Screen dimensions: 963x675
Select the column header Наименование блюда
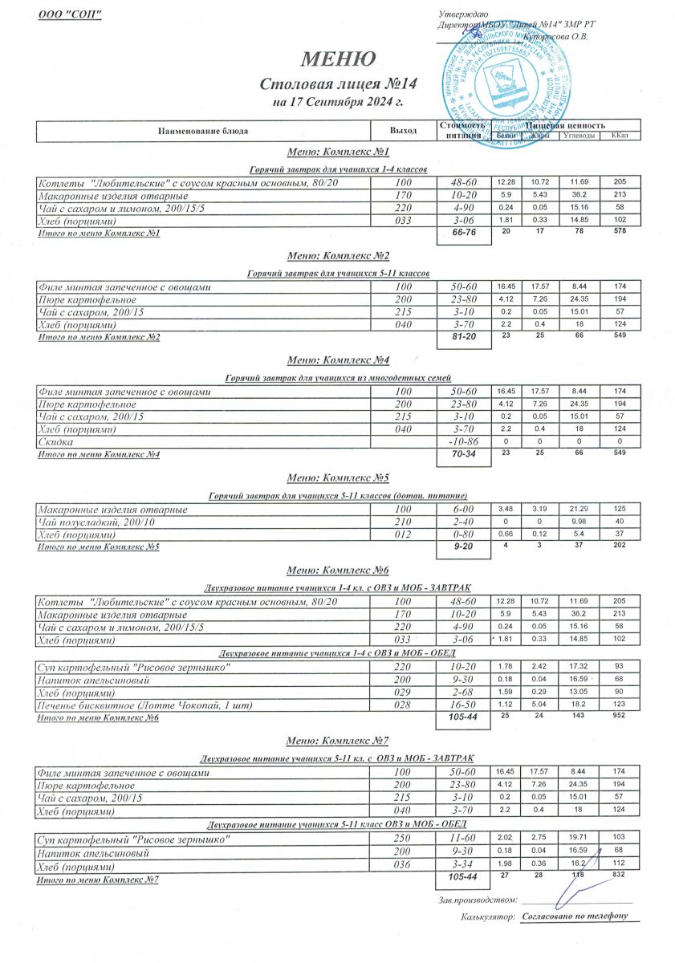click(x=203, y=130)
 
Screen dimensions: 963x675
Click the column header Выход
click(x=403, y=130)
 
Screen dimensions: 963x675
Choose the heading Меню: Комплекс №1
click(x=337, y=152)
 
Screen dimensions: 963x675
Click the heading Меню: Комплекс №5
click(x=337, y=479)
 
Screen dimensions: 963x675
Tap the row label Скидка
click(x=56, y=442)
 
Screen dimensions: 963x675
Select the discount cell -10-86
click(x=463, y=442)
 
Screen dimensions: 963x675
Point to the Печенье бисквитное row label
click(x=128, y=705)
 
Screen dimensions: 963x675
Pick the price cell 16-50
click(x=463, y=705)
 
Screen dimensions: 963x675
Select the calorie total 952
click(x=619, y=716)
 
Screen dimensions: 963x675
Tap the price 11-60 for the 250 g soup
click(x=463, y=839)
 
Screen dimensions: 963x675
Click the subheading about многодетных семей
click(x=337, y=377)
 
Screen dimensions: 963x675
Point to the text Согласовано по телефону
click(x=574, y=915)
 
